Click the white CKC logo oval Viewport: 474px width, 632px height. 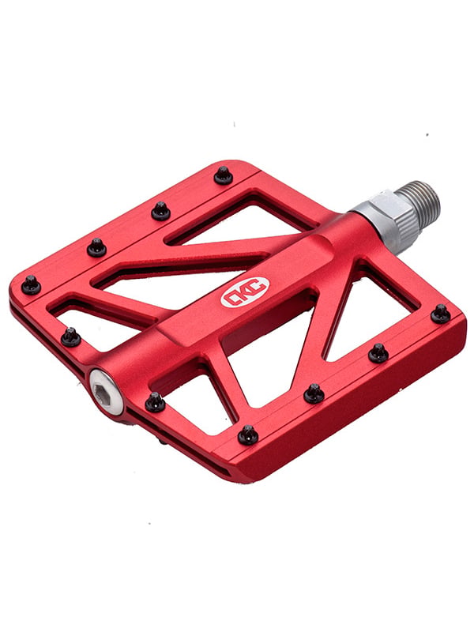245,292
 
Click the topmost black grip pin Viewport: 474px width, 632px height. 224,175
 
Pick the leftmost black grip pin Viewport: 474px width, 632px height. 31,284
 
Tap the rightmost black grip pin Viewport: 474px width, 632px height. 441,314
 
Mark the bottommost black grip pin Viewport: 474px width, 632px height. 248,435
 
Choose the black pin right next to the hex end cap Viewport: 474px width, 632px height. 155,402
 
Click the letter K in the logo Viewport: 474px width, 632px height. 245,292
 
